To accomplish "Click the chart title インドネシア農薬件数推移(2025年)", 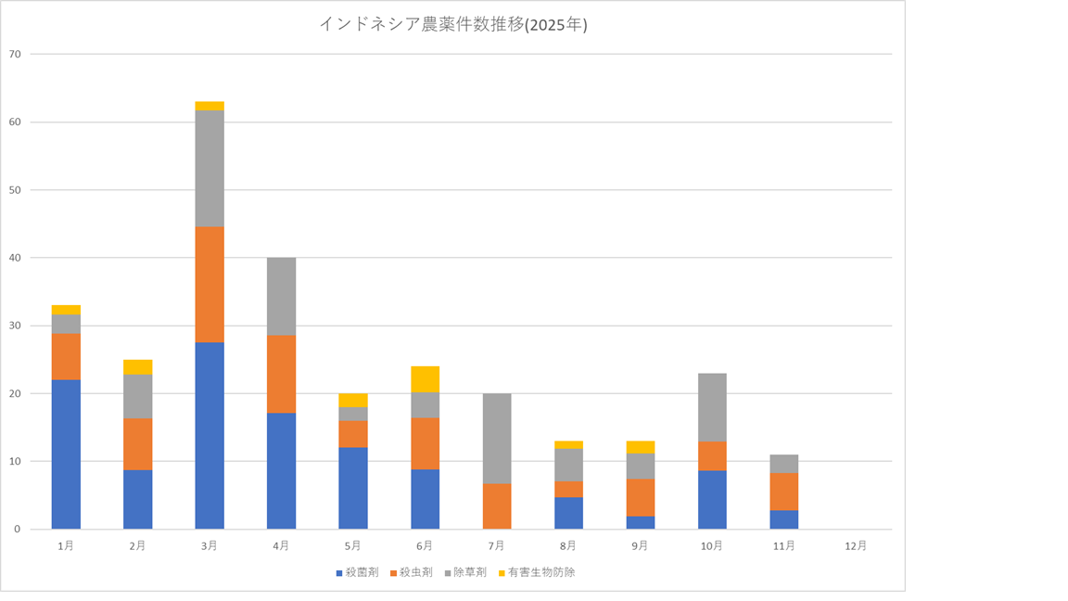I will (x=452, y=25).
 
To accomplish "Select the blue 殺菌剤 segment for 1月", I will (x=66, y=454).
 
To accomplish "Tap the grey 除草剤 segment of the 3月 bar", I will (x=210, y=168).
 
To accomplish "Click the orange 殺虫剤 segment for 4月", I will (x=281, y=374).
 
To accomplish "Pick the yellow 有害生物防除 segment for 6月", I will (x=425, y=379).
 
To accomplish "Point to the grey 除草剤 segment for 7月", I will (x=496, y=438).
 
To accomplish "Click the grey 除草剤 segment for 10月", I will (x=711, y=407).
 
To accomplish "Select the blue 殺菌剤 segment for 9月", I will (x=640, y=522).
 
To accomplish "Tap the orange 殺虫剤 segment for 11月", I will (x=783, y=492).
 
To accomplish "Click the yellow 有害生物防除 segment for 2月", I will (x=137, y=366).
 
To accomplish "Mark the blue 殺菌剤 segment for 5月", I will (x=352, y=488).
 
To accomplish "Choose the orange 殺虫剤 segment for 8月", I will (x=568, y=489).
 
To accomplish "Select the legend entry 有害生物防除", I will (x=540, y=572).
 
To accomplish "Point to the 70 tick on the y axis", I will (x=14, y=54).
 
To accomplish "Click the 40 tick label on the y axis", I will (x=14, y=258).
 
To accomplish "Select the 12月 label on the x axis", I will (x=856, y=546).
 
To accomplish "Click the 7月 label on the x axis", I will (x=496, y=546).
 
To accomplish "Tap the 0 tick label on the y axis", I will (x=17, y=530).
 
